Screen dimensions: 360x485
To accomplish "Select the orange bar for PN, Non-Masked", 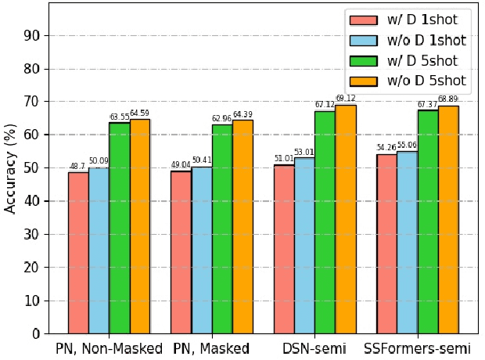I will (140, 226).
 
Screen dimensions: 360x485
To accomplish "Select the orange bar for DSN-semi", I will (345, 219).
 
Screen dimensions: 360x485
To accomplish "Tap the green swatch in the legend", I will (365, 59).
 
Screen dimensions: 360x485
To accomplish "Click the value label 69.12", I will (345, 99).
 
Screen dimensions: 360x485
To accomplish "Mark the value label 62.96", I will (222, 119).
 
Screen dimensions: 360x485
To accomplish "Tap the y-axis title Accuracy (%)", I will (11, 168).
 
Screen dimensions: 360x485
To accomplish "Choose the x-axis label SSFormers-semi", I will (417, 348).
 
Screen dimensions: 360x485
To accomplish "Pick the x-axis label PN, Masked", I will (212, 348).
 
